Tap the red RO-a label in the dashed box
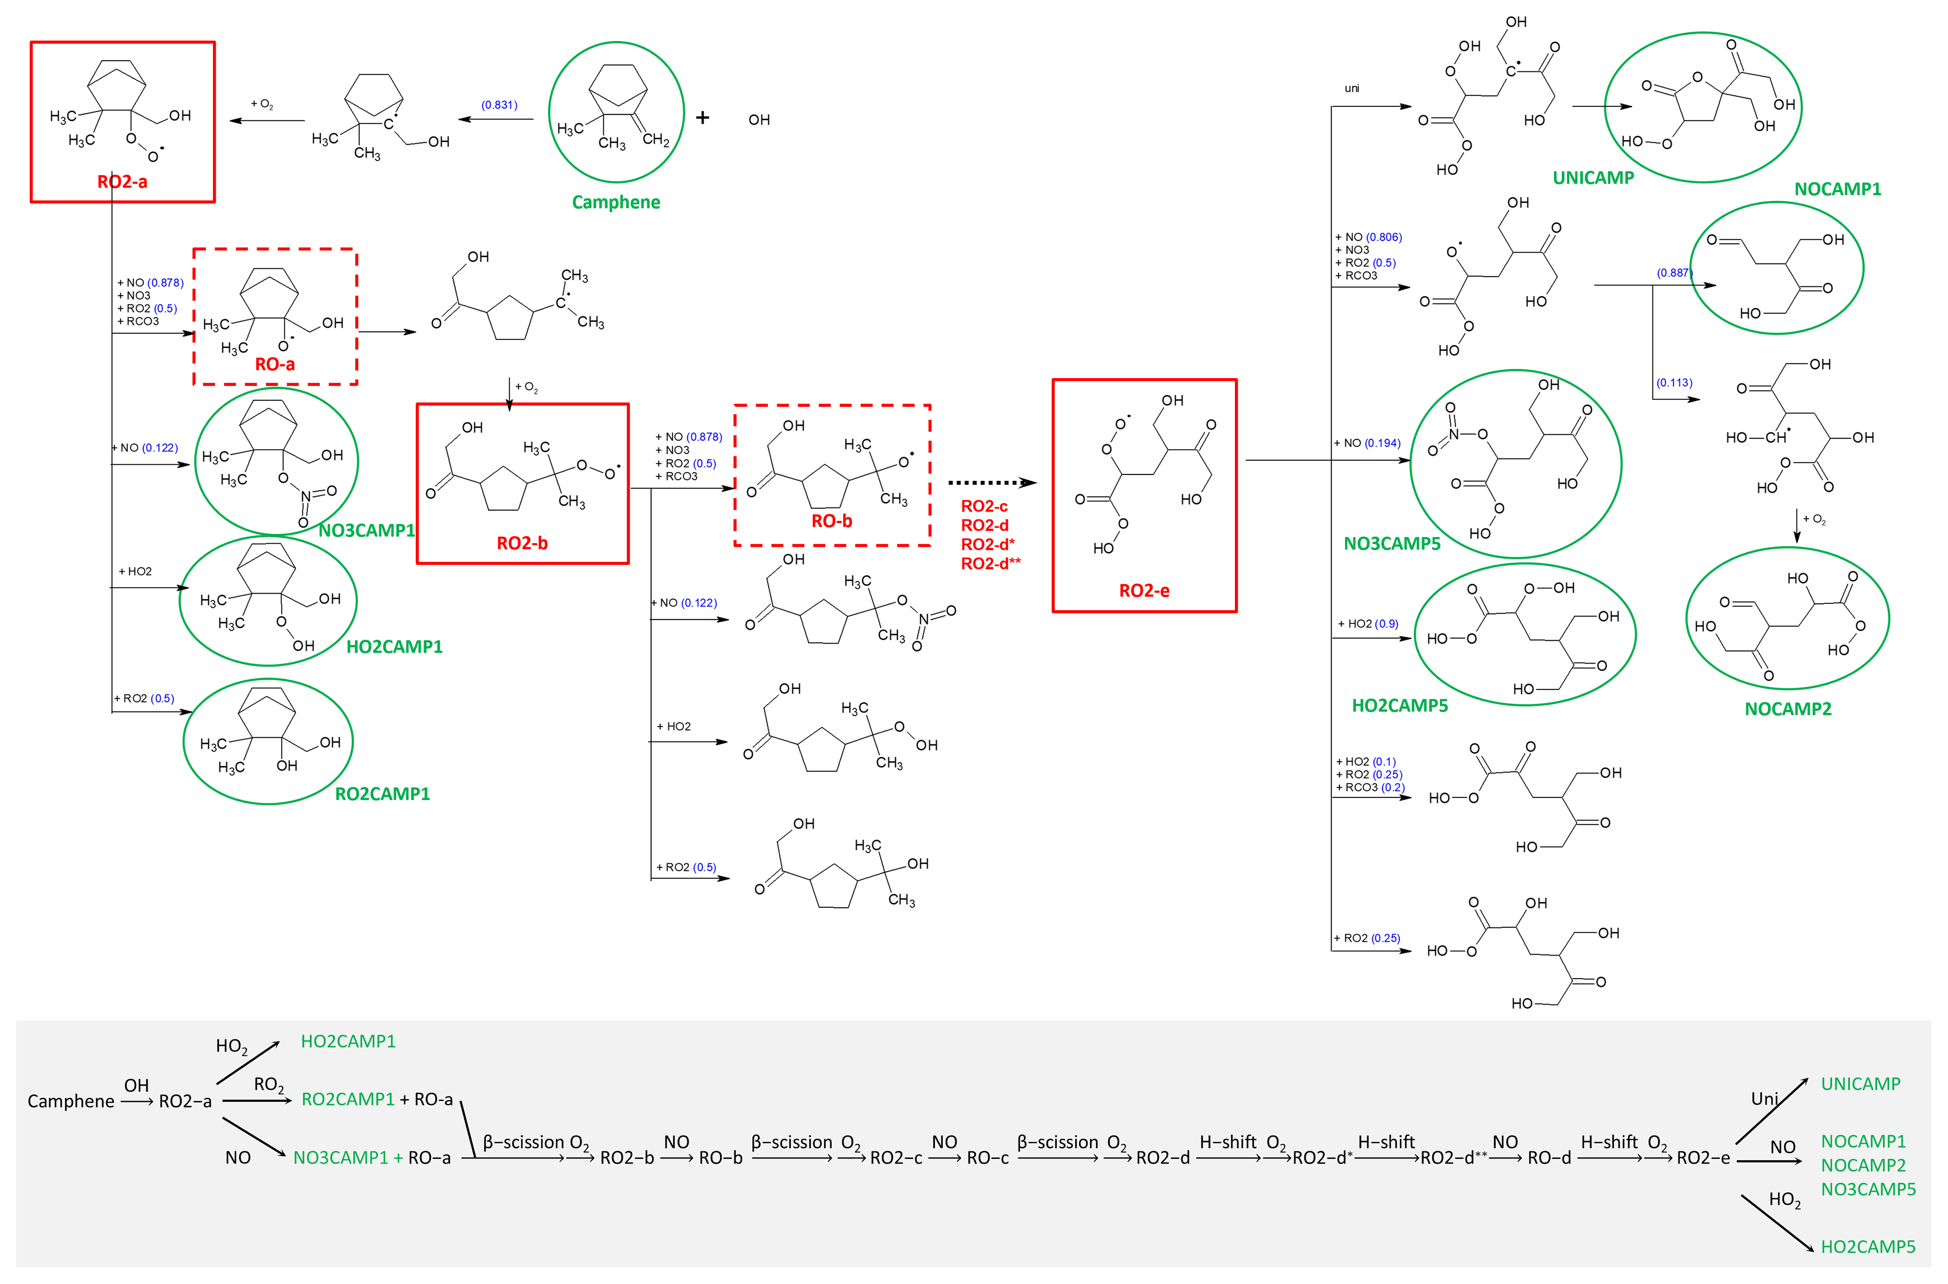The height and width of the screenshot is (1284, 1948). pos(275,364)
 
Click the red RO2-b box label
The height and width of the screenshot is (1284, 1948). pos(522,543)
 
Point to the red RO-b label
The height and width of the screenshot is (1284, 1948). pos(832,521)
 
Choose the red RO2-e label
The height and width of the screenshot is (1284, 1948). pos(1144,590)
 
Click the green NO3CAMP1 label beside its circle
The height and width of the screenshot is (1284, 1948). pos(367,531)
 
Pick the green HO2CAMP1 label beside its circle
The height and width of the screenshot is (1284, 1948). pos(395,647)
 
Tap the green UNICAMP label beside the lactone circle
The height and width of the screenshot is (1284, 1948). pos(1593,177)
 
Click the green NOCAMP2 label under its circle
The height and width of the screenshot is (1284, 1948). pos(1788,709)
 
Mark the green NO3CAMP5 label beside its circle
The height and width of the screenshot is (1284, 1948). pos(1391,544)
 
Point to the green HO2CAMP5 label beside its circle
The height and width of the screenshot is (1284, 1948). pos(1400,706)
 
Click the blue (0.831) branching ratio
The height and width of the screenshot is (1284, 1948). pos(499,105)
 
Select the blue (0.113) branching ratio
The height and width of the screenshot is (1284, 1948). pos(1674,382)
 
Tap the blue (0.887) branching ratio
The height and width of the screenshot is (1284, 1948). pos(1674,272)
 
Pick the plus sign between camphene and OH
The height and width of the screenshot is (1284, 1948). pos(702,118)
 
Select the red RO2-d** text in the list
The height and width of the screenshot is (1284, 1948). pos(990,563)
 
